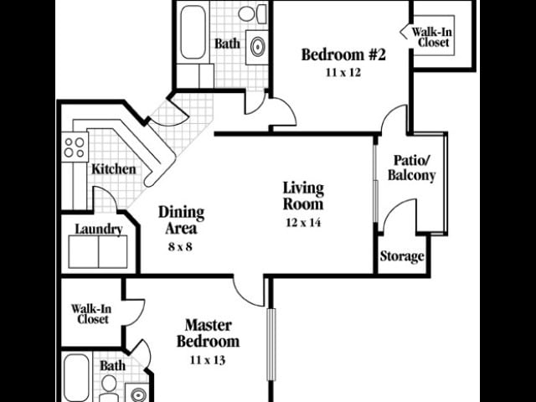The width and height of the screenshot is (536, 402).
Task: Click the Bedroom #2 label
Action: coord(343,56)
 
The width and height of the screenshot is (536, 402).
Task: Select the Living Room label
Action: coord(302,195)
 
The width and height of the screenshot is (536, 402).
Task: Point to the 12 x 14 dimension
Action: coord(302,222)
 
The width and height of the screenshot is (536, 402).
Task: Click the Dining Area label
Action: coord(181,219)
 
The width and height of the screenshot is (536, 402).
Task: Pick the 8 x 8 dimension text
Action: coord(181,247)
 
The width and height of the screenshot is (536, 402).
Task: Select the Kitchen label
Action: coord(113,169)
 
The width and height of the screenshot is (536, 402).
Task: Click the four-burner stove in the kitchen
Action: coord(75,147)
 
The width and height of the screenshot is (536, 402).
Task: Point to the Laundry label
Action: coord(99,229)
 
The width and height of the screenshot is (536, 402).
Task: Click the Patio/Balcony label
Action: coord(415,168)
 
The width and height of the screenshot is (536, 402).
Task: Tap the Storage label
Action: coord(402,256)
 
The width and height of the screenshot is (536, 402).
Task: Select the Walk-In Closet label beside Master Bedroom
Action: coord(90,312)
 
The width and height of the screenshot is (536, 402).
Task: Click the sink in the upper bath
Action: coord(257,45)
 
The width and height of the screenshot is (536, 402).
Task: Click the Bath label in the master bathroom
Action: coord(112,366)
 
